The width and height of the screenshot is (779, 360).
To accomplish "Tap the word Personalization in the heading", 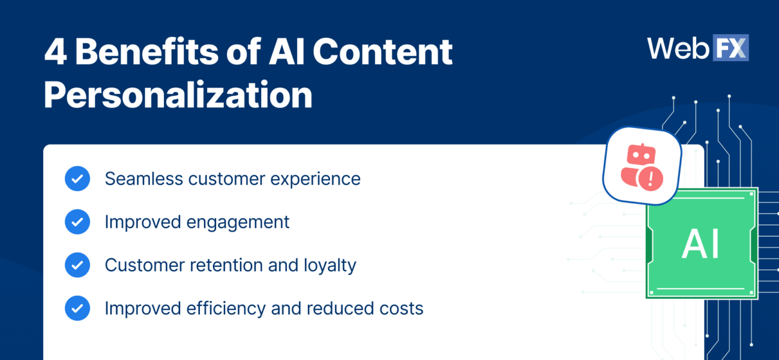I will click(178, 95).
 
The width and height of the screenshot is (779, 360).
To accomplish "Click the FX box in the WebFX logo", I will click(730, 48).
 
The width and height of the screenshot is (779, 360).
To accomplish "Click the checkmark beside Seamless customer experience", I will click(77, 179).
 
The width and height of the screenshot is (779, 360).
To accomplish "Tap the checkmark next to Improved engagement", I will click(77, 222).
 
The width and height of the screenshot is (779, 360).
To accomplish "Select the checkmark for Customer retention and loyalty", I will click(77, 265).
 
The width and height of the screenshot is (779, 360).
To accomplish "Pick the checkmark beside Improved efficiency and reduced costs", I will click(77, 308).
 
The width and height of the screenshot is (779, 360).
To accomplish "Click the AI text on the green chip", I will click(700, 244).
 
